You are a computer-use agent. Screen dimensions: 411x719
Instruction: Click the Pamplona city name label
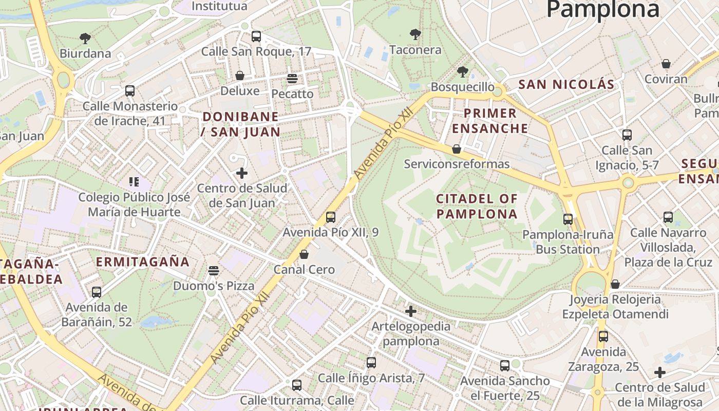tap(602, 9)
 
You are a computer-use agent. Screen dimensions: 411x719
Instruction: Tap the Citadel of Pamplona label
tap(477, 206)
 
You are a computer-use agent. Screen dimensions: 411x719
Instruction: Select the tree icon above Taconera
tap(415, 35)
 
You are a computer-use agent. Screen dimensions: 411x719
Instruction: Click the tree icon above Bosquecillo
tap(462, 72)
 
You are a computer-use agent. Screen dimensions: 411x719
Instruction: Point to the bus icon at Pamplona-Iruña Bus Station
tap(568, 219)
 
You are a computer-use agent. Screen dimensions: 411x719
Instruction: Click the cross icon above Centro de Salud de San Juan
tap(242, 173)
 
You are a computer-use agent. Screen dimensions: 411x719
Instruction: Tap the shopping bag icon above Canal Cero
tap(304, 254)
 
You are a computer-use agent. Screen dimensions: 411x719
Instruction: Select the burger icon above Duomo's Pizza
tap(214, 271)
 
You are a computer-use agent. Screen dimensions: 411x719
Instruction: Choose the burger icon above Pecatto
tap(292, 79)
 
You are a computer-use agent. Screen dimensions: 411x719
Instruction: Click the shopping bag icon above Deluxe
tap(240, 76)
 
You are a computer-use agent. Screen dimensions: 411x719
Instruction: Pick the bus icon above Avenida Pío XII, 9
tap(331, 217)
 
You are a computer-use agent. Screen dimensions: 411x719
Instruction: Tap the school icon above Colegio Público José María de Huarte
tap(134, 181)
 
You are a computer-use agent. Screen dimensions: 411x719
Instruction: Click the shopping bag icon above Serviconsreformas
tap(457, 149)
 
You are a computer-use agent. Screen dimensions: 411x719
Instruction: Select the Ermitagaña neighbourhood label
tap(143, 261)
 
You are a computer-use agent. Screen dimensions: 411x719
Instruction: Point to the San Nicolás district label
tap(566, 85)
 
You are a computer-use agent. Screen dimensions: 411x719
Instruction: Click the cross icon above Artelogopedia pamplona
tap(411, 311)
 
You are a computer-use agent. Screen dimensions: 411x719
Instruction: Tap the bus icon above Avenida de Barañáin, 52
tap(96, 292)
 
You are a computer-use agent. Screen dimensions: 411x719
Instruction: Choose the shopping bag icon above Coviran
tap(666, 64)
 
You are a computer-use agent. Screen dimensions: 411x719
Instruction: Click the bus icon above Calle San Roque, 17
tap(256, 36)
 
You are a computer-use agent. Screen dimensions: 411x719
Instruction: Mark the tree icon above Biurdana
tap(85, 38)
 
